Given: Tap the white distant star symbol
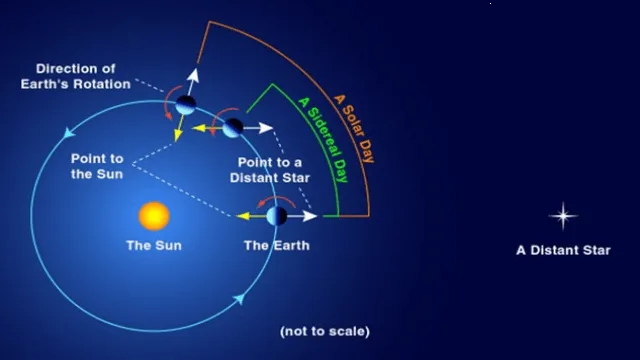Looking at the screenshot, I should (x=564, y=216).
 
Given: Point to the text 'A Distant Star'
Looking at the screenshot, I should (x=563, y=250).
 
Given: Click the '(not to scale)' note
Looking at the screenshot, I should (x=325, y=331).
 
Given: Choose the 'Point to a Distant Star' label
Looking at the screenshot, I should (x=273, y=169).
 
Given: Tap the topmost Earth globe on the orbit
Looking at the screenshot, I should (x=186, y=104).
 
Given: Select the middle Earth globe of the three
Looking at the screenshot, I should (x=232, y=128).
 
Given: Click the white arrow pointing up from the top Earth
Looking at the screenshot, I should (x=196, y=79).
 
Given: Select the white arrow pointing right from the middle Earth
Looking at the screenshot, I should (x=261, y=128).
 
